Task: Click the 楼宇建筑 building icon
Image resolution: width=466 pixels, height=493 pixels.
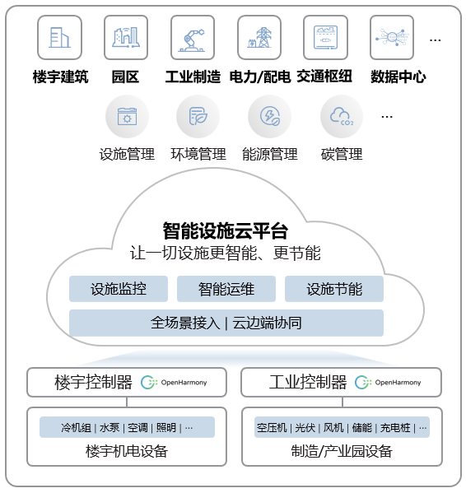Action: (60, 37)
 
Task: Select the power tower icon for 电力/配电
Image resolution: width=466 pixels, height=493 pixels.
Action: (259, 37)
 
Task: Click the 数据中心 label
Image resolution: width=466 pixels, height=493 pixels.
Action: (398, 77)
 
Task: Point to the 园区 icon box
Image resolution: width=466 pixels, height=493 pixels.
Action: (126, 37)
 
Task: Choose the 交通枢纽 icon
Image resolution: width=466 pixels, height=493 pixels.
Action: (325, 37)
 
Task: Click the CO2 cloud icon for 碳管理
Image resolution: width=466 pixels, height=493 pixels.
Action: (342, 116)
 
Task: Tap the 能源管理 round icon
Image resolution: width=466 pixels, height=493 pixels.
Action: (269, 116)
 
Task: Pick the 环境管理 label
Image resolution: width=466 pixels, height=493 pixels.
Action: (198, 154)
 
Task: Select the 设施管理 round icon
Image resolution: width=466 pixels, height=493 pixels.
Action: (127, 116)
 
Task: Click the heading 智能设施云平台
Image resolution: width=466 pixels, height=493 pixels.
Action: (225, 230)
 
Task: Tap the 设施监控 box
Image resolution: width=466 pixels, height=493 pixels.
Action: (119, 289)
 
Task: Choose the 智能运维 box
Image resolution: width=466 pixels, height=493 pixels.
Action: (226, 289)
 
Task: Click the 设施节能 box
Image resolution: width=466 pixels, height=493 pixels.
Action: (334, 289)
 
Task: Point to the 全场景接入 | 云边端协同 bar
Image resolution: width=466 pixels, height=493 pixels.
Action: (226, 323)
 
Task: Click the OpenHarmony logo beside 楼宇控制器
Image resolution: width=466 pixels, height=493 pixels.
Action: (174, 383)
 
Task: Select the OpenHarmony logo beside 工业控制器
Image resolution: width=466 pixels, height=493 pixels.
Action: (388, 383)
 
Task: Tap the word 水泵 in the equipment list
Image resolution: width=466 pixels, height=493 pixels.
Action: (110, 428)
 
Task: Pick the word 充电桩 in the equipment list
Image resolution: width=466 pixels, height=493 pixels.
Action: (395, 428)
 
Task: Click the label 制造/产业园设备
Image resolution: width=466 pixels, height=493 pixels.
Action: (342, 451)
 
